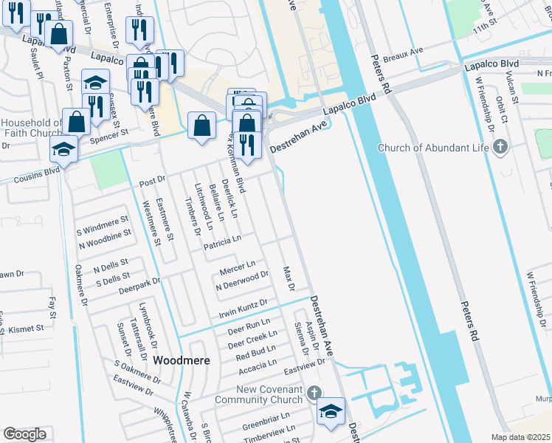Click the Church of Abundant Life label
pyautogui.click(x=433, y=147)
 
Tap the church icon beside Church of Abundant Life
pyautogui.click(x=501, y=146)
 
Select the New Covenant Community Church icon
pyautogui.click(x=315, y=394)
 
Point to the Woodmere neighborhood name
pyautogui.click(x=182, y=360)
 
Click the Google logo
pyautogui.click(x=24, y=433)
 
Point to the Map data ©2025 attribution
pyautogui.click(x=521, y=437)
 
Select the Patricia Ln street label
pyautogui.click(x=222, y=240)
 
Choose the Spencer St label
pyautogui.click(x=109, y=137)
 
